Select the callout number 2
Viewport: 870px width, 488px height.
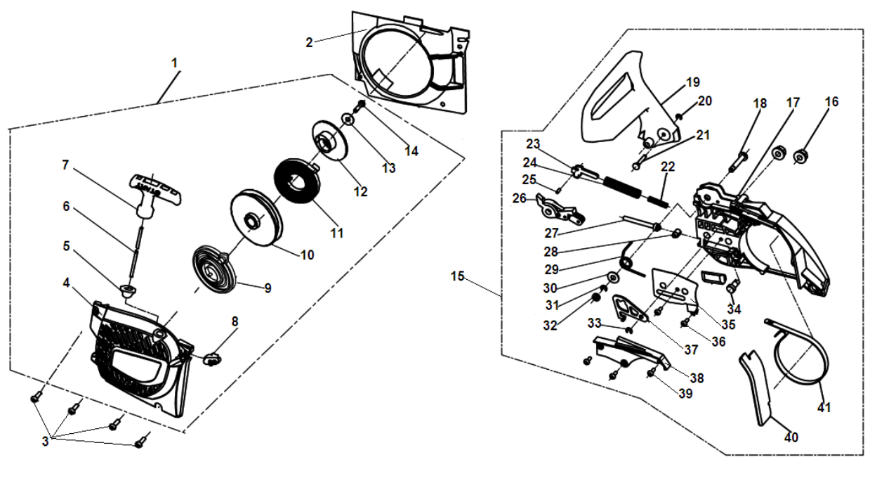click(x=309, y=41)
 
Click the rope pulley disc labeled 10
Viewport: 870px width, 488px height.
click(x=253, y=217)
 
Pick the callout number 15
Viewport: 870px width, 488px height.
click(x=457, y=276)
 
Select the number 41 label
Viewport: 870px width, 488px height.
click(x=824, y=407)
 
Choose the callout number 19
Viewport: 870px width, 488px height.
click(x=693, y=82)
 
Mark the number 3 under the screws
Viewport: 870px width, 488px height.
click(x=46, y=441)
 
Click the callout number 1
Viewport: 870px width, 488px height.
click(x=175, y=63)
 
